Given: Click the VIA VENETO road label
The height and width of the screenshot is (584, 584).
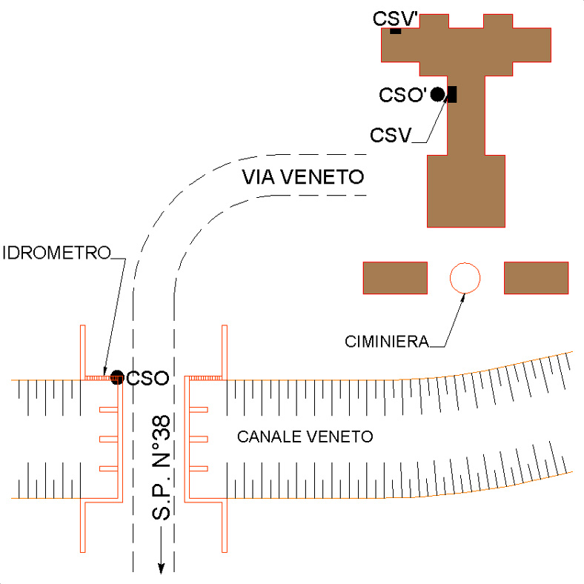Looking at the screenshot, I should pyautogui.click(x=304, y=178).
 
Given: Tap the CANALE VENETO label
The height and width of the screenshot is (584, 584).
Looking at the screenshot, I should pyautogui.click(x=305, y=437).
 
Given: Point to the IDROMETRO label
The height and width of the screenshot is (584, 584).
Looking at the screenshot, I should pyautogui.click(x=56, y=253).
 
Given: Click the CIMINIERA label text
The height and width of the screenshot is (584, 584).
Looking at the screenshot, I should pyautogui.click(x=387, y=342).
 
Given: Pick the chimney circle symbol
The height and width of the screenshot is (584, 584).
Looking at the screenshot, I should pyautogui.click(x=465, y=278).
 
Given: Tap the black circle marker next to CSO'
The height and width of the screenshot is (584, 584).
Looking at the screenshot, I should pyautogui.click(x=438, y=94).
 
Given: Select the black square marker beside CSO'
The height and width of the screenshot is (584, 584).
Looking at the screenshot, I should pyautogui.click(x=451, y=94).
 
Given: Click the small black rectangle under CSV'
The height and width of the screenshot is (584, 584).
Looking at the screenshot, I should pyautogui.click(x=396, y=31).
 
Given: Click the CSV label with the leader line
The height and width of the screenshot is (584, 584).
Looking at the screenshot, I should pyautogui.click(x=390, y=136).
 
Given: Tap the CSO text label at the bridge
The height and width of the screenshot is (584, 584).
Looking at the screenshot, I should pyautogui.click(x=147, y=379).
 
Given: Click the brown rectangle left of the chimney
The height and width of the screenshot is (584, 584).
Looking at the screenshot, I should pyautogui.click(x=395, y=278).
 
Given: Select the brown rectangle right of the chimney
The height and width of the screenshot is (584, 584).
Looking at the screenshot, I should pyautogui.click(x=537, y=278).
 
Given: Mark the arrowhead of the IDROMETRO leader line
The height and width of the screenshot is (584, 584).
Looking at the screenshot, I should pyautogui.click(x=106, y=371).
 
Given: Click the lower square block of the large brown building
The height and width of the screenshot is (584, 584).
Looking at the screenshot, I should pyautogui.click(x=466, y=190).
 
